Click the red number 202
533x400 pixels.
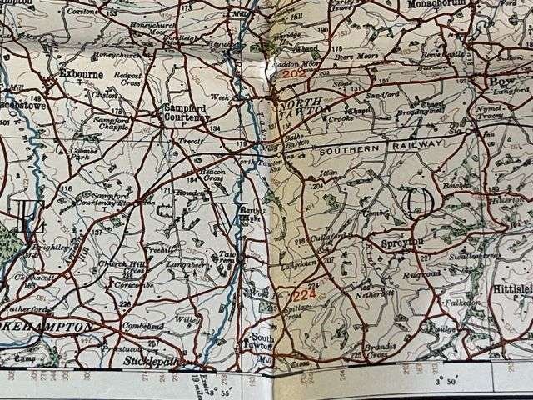[294, 74]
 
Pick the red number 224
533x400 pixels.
[304, 293]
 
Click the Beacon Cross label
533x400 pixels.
[202, 175]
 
